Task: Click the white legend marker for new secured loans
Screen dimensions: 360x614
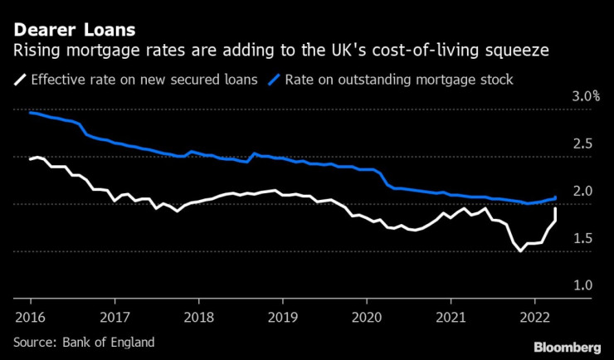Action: tap(19, 80)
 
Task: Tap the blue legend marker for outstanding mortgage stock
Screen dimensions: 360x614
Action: tap(273, 80)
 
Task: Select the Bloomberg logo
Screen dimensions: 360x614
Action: tap(566, 346)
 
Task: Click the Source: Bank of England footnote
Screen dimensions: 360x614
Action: tap(83, 342)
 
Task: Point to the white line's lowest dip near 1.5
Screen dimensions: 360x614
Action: tap(520, 251)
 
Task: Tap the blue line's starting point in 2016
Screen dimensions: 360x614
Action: tap(30, 112)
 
